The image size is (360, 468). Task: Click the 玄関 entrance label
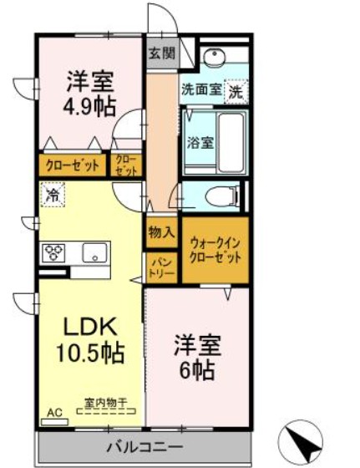(161, 54)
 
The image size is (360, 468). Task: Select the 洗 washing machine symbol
(236, 90)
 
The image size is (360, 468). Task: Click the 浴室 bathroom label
(200, 142)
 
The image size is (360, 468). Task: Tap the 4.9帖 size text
(90, 106)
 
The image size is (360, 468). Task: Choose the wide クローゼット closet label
(73, 165)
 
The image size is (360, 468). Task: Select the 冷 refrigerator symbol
(52, 197)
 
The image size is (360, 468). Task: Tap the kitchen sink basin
(91, 250)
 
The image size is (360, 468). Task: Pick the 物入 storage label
(161, 233)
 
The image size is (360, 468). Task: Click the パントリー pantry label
(161, 267)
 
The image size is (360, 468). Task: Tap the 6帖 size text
(195, 369)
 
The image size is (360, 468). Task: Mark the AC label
(54, 413)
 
